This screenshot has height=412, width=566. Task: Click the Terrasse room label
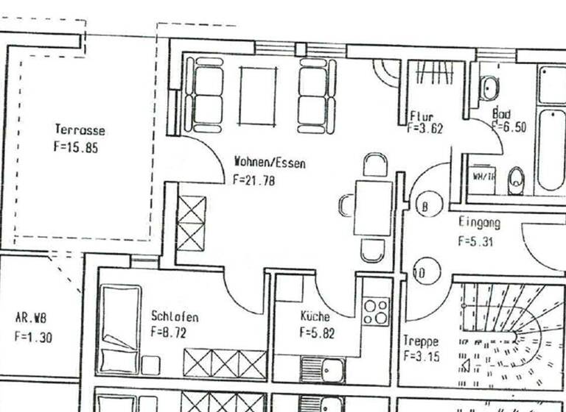coord(80,130)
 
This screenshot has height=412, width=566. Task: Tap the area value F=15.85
coord(76,146)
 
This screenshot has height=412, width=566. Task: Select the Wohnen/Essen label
coord(269,162)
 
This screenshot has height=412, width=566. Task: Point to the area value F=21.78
coord(254,179)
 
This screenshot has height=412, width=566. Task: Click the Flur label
coord(422,116)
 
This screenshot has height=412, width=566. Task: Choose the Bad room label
coord(501,115)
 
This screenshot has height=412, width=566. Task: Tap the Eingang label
coord(479,222)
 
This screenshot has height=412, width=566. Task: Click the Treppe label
coord(421,341)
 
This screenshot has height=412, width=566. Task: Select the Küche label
coord(315,316)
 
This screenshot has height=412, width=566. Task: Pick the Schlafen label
coord(175,316)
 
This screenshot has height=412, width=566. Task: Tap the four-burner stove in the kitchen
coord(376,310)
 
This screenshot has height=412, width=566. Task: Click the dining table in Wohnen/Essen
coord(373,207)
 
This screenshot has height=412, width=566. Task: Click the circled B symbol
coord(425,206)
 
